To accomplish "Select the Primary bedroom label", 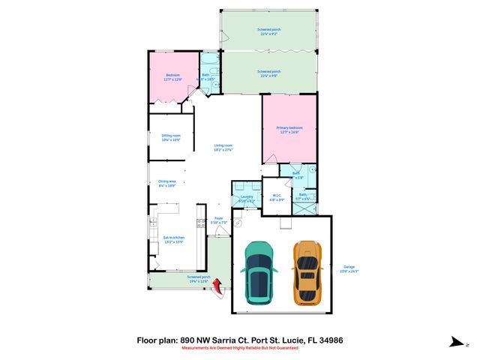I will pyautogui.click(x=289, y=130).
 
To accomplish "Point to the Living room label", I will pyautogui.click(x=223, y=148).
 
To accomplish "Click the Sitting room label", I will pyautogui.click(x=171, y=137).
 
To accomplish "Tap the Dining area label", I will pyautogui.click(x=166, y=183).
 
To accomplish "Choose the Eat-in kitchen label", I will pyautogui.click(x=173, y=240).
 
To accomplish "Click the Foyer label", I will pyautogui.click(x=219, y=220).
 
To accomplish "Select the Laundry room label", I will pyautogui.click(x=247, y=199).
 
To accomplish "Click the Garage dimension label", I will pyautogui.click(x=349, y=268).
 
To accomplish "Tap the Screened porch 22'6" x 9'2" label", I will pyautogui.click(x=268, y=32).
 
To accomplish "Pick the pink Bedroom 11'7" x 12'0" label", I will pyautogui.click(x=174, y=77).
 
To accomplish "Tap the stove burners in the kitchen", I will pyautogui.click(x=201, y=223).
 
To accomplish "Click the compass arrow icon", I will pyautogui.click(x=454, y=343).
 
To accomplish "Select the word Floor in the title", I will pyautogui.click(x=147, y=340).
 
